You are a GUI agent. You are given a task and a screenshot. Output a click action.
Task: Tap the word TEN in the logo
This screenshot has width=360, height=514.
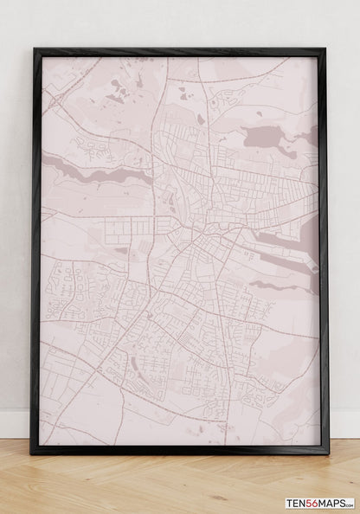pos(296,503)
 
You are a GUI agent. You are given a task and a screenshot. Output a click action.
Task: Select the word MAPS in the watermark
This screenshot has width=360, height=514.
pos(330,503)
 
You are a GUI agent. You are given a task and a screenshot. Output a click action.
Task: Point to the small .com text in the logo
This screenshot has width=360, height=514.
pos(349,504)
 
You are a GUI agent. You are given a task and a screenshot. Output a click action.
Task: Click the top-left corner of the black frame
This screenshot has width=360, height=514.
pos(34,49)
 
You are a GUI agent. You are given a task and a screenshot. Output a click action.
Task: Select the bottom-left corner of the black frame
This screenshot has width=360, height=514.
pos(32,452)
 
